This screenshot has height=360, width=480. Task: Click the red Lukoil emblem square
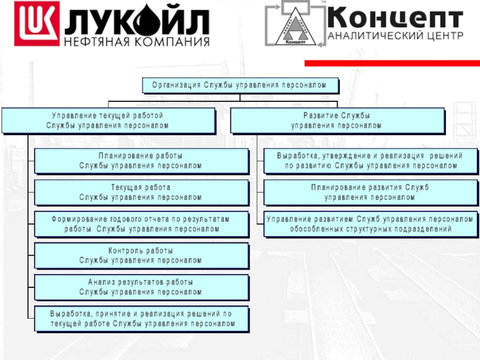(x=37, y=24)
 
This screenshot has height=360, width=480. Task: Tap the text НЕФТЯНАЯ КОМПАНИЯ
(x=137, y=42)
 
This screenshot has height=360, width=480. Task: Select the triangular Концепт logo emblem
(x=293, y=25)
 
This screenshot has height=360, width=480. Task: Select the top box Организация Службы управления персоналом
(x=239, y=85)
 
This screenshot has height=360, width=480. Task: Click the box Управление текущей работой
(x=108, y=120)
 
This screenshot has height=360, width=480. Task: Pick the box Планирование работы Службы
(x=141, y=161)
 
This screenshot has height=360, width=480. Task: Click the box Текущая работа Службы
(x=141, y=193)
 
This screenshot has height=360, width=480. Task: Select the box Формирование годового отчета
(x=141, y=224)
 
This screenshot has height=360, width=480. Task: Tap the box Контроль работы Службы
(x=141, y=255)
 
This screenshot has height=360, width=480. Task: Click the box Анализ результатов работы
(x=141, y=287)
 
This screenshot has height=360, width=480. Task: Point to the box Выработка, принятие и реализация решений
(x=141, y=319)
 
